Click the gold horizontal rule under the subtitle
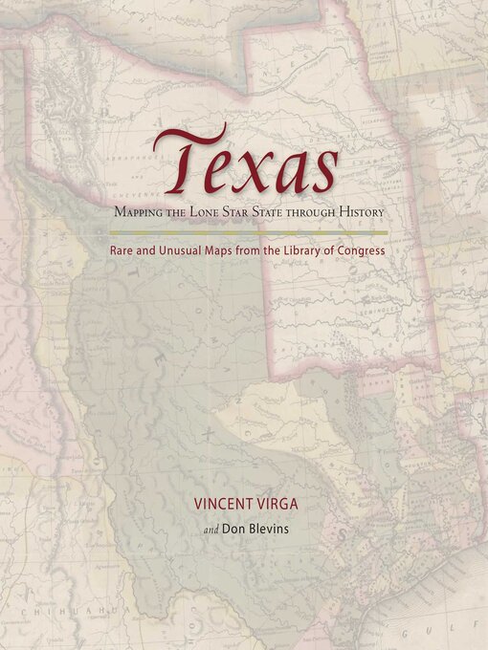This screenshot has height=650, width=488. click(247, 232)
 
